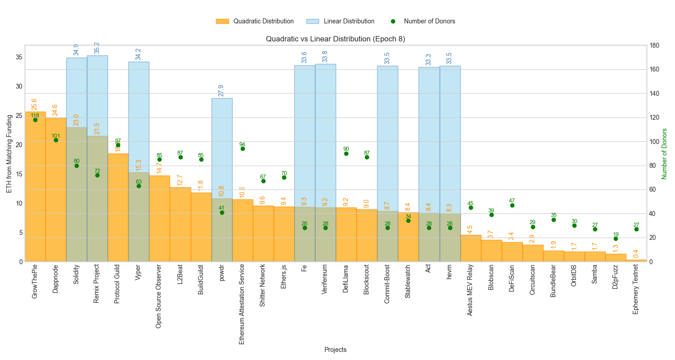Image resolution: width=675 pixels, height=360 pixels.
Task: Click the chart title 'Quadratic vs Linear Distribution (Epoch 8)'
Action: (x=335, y=39)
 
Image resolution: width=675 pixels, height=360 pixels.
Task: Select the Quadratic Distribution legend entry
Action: (x=255, y=21)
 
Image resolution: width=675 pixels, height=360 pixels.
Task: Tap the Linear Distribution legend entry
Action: (x=340, y=21)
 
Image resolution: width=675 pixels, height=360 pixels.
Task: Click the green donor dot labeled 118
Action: (x=35, y=120)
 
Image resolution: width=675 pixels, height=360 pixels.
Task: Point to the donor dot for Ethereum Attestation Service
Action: (x=243, y=148)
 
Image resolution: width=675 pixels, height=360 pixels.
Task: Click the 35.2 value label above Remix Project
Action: (x=97, y=48)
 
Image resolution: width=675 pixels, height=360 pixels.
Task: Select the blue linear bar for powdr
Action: (x=222, y=148)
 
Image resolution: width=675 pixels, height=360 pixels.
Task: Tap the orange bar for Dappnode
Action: (x=56, y=189)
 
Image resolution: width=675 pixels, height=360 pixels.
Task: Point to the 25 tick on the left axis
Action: (x=19, y=116)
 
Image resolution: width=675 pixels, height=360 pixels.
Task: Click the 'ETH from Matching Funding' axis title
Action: (x=9, y=153)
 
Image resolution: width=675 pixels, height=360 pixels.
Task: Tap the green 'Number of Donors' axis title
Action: (x=665, y=153)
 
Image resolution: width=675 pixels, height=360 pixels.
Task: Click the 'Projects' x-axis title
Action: (x=335, y=350)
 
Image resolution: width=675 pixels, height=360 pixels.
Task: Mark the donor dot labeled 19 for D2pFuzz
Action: (x=616, y=238)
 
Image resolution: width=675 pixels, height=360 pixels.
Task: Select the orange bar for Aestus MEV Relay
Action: (x=471, y=248)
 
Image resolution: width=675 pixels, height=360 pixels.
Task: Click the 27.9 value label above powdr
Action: (x=221, y=90)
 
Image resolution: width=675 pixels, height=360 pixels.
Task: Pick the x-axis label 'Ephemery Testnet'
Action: (x=636, y=295)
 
